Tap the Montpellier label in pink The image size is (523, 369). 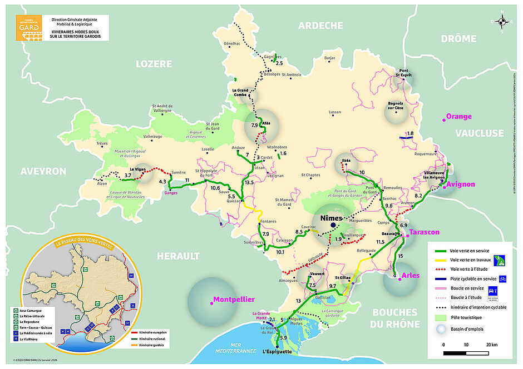click(x=234, y=300)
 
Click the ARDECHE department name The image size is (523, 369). click(x=320, y=25)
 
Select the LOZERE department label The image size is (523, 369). click(x=154, y=64)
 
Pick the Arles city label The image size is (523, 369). click(x=410, y=275)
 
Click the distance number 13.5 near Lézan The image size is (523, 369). click(x=249, y=182)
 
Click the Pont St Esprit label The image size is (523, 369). click(x=403, y=72)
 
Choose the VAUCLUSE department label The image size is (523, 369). click(x=479, y=133)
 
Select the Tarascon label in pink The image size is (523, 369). click(x=424, y=232)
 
